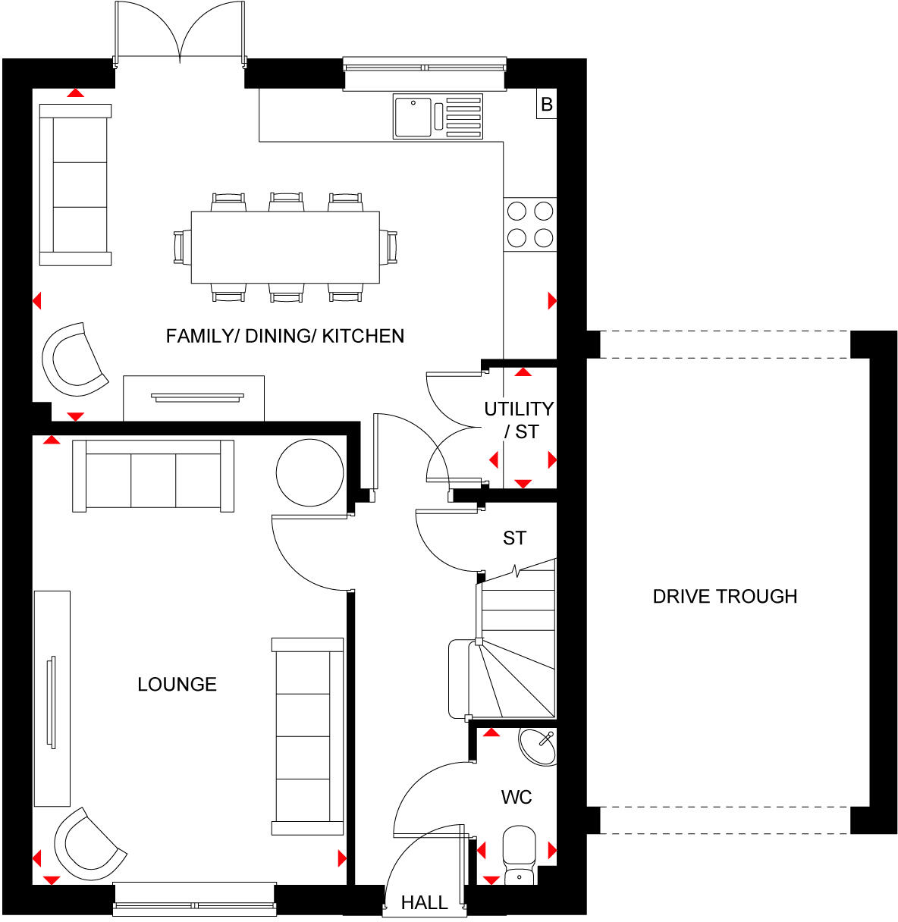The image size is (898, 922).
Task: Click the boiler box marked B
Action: click(x=546, y=105)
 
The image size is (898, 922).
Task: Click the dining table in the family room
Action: click(x=285, y=247)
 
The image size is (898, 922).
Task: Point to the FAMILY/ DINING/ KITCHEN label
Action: click(x=285, y=336)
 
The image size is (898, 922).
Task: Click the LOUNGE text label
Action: click(x=177, y=685)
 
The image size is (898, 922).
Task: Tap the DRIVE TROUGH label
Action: click(x=724, y=597)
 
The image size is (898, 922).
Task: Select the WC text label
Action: click(x=516, y=798)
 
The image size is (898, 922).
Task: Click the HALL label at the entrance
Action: click(x=424, y=903)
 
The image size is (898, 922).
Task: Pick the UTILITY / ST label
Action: click(x=520, y=420)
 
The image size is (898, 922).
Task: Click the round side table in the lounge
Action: click(x=309, y=472)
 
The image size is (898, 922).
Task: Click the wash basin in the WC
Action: click(x=538, y=746)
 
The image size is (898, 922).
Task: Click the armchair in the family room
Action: click(x=74, y=359)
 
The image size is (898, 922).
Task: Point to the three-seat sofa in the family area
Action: click(x=75, y=185)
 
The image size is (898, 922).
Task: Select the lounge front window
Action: click(x=194, y=898)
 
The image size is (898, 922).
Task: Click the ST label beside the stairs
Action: click(x=514, y=538)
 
